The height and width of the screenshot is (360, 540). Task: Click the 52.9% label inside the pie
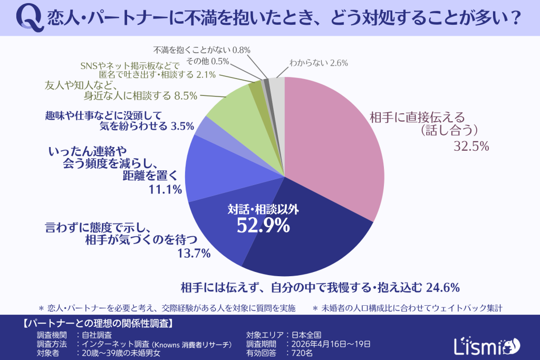(263, 226)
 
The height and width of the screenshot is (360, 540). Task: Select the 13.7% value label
(195, 254)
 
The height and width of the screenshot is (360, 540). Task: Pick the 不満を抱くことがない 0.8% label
(201, 50)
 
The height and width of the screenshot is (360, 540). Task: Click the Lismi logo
(486, 345)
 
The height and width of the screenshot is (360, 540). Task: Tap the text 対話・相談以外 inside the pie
(263, 209)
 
